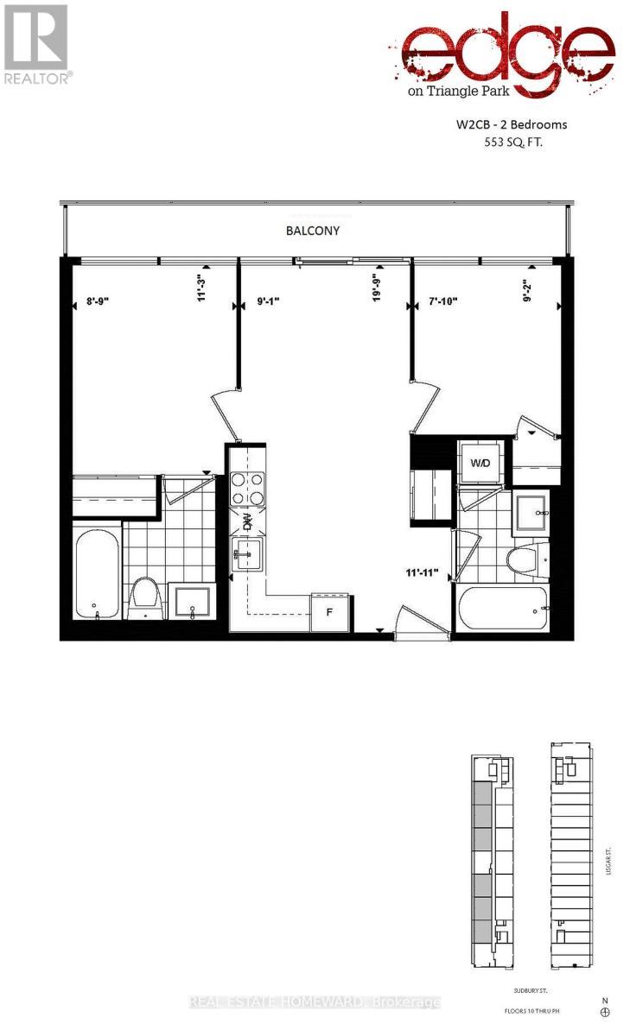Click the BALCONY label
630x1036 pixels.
pos(313,231)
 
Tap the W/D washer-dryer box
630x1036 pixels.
pos(480,464)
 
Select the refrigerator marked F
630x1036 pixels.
pos(328,614)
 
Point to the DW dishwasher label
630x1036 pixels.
pos(246,521)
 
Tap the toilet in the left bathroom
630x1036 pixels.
pos(144,597)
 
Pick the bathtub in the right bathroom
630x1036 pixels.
pos(503,610)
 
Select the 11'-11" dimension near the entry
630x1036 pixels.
pos(421,572)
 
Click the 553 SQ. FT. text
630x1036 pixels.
pos(519,144)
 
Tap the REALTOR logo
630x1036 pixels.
pos(36,44)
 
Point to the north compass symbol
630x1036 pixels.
pos(605,1011)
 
